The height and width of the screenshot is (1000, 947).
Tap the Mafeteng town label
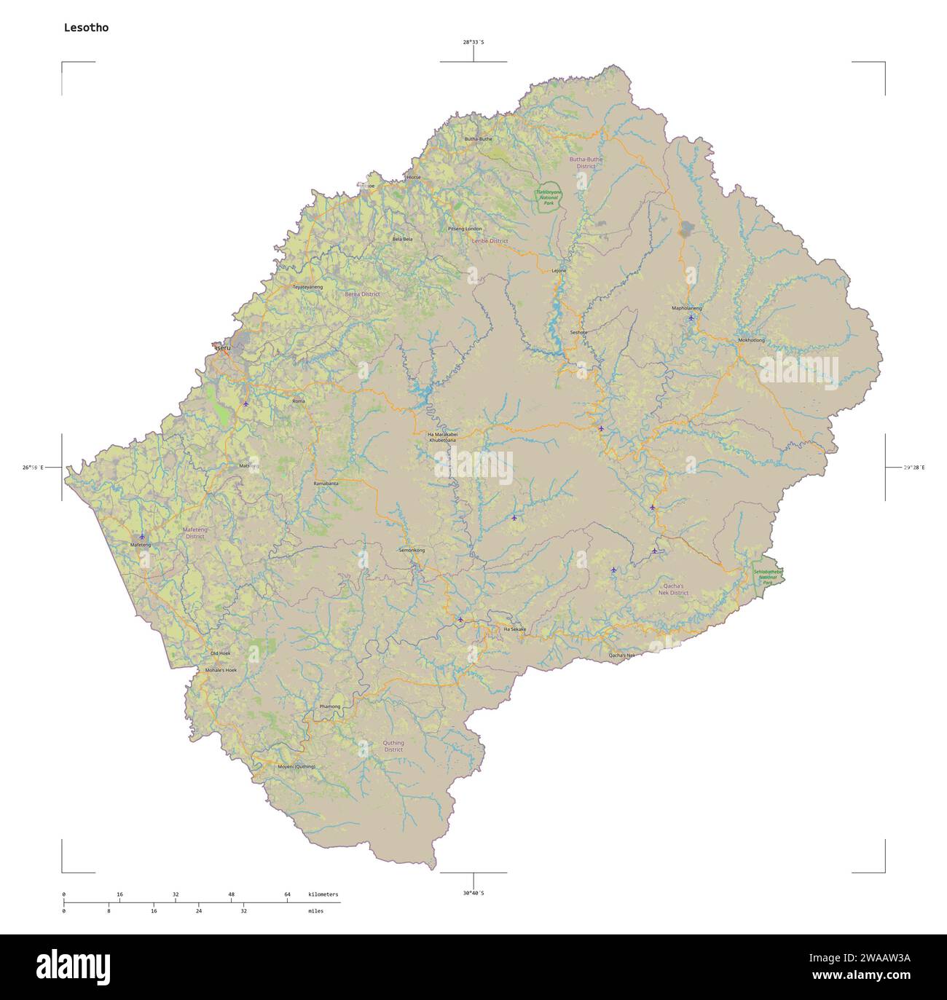tap(140, 545)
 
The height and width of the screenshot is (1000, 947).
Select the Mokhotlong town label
tap(751, 340)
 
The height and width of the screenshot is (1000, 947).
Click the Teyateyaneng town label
tap(307, 287)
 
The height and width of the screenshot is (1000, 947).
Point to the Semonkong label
tap(412, 550)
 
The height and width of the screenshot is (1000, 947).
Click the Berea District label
tap(362, 294)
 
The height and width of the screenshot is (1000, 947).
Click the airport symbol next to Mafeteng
tap(141, 536)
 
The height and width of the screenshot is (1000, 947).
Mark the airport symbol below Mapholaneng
tap(691, 318)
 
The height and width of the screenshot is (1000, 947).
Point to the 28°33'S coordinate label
tap(473, 42)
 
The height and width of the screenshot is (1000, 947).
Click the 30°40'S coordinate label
tap(473, 893)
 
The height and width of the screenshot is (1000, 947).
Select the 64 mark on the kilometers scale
tap(287, 894)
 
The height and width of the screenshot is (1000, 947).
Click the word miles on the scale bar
tap(315, 910)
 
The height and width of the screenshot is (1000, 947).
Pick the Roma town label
tap(299, 401)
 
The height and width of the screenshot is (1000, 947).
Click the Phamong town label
tap(329, 706)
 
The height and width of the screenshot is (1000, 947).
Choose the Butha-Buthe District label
tap(586, 162)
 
